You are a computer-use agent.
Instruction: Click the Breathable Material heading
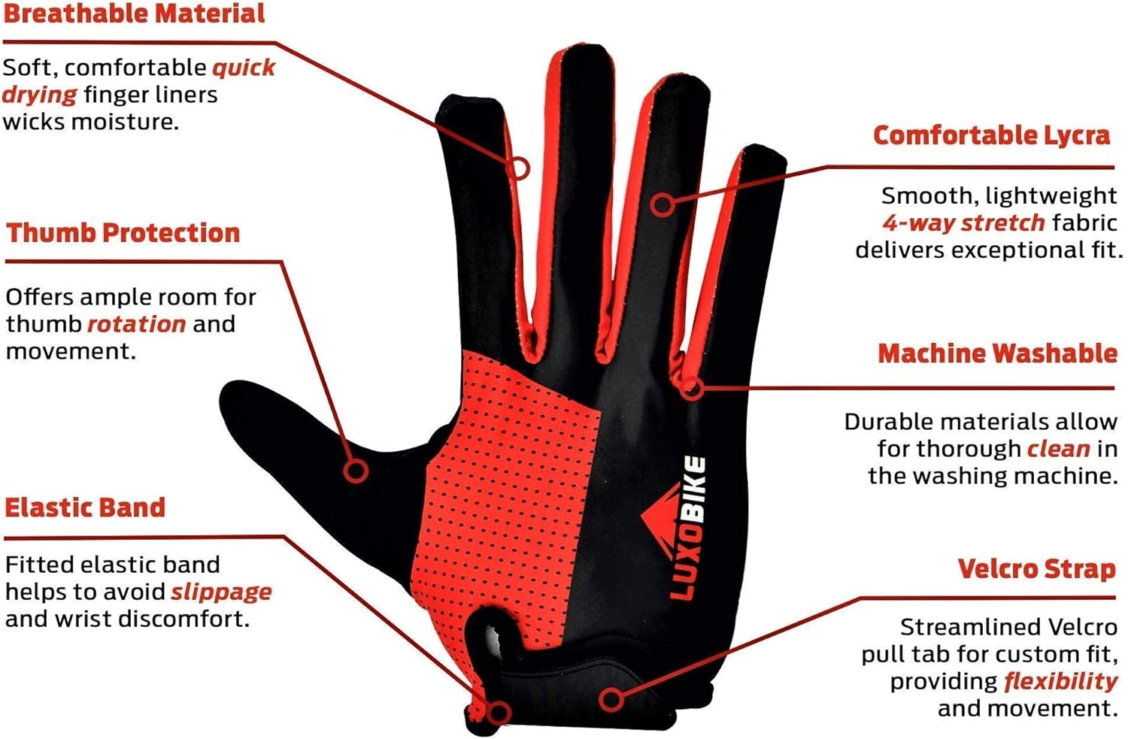click(134, 14)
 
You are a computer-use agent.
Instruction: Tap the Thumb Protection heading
click(123, 233)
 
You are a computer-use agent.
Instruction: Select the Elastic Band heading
click(85, 507)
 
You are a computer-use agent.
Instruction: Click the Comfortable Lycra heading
click(991, 135)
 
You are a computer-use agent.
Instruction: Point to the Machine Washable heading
click(997, 353)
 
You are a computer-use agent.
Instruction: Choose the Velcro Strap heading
click(1036, 569)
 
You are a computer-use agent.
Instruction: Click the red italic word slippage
click(221, 592)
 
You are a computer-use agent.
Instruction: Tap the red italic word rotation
click(136, 324)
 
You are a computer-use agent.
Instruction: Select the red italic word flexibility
click(1060, 681)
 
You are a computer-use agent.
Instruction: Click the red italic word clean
click(1058, 449)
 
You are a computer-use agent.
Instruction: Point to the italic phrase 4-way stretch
click(963, 223)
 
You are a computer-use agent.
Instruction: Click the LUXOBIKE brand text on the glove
click(687, 529)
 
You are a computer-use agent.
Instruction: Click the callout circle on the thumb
click(356, 471)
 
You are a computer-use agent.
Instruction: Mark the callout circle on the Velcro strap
click(611, 700)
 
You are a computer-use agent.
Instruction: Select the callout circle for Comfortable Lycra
click(663, 204)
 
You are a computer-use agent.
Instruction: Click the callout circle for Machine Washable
click(693, 389)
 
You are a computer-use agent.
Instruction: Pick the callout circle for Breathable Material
click(518, 168)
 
